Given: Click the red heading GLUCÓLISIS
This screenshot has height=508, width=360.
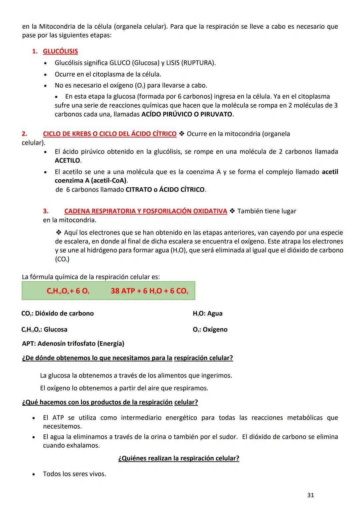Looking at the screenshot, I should point(60,51).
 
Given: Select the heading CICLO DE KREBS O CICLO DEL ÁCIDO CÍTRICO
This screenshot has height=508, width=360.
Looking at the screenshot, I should point(110,134).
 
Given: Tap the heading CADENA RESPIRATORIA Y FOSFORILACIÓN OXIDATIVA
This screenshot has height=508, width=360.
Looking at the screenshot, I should point(146,211).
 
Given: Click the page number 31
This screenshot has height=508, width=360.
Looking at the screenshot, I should point(310,495).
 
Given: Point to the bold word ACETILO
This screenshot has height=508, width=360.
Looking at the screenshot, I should point(67,161).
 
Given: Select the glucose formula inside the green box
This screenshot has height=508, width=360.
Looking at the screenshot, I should point(58,291).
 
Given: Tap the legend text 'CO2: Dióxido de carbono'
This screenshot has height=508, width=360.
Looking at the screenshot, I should point(57,313).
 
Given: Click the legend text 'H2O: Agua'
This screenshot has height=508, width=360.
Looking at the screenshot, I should point(207,313).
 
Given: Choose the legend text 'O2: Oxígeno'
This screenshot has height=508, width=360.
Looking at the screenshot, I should point(210,329).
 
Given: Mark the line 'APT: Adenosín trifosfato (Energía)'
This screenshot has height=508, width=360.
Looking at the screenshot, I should point(73,343).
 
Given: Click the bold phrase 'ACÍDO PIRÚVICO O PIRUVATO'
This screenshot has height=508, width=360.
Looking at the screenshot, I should point(187,114).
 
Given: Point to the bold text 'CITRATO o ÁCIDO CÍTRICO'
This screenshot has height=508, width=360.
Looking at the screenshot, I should point(165,190).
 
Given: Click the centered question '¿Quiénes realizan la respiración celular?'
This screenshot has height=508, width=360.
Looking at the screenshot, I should point(179,458).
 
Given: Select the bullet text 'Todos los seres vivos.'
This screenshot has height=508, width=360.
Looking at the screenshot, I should point(74,474).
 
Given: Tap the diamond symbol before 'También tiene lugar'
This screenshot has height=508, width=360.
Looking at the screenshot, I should point(232,211).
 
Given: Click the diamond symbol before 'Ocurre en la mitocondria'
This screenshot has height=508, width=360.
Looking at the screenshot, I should point(182,134).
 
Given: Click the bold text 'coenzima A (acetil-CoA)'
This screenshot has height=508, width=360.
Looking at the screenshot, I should point(91,181).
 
